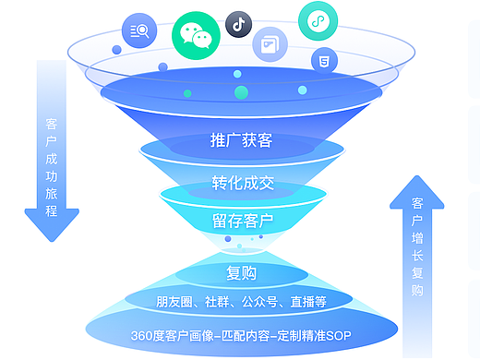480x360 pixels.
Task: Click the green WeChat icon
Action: coord(195,34)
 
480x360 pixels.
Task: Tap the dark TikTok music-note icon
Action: coord(239,24)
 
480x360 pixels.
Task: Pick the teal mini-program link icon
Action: coord(318,20)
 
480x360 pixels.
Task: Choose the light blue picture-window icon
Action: coord(270,43)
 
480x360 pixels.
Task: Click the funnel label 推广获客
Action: coord(240,141)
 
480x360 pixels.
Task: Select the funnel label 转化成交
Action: coord(242,183)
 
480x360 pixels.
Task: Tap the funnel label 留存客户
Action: coord(242,221)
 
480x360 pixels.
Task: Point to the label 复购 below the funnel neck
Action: coord(241,273)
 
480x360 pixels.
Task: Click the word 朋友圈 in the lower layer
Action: coord(174,302)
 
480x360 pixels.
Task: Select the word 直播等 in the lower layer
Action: coord(306,302)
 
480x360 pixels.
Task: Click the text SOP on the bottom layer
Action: coord(337,333)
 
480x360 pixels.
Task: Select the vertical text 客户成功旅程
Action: coord(51,166)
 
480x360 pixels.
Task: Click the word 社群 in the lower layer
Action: coord(217,302)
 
